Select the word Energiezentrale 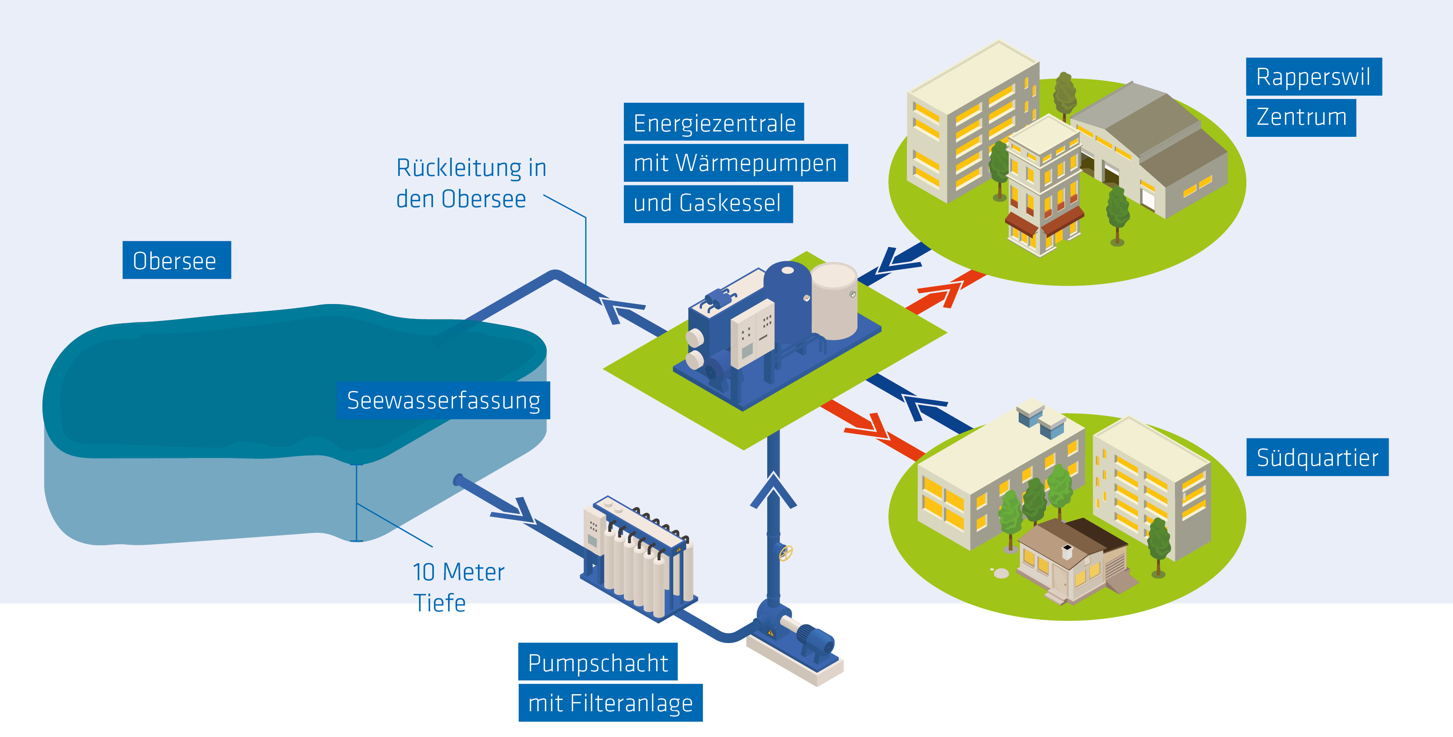(714, 122)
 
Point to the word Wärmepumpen (756, 163)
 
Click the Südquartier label (1317, 457)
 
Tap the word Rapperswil (1313, 77)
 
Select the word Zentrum (1301, 117)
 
